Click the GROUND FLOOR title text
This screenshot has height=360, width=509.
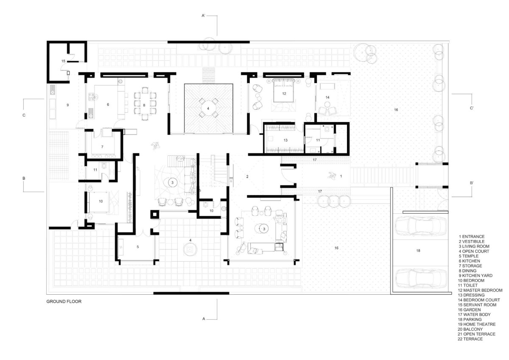[64, 301]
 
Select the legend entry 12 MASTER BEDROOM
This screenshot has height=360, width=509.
[480, 290]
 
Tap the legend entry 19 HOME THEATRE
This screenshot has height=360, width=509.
[476, 324]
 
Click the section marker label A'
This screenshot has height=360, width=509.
[203, 16]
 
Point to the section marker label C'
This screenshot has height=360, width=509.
[472, 108]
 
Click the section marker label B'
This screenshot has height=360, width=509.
[472, 183]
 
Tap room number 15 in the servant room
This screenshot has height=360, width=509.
[63, 61]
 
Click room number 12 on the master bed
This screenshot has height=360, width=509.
[284, 94]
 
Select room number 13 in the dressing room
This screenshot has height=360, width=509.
[285, 140]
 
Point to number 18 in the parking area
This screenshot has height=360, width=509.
[418, 251]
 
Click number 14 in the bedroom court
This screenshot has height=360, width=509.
[327, 98]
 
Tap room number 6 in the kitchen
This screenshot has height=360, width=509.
[108, 104]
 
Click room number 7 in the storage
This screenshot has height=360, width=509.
[102, 147]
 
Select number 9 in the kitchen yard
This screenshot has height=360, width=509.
[68, 105]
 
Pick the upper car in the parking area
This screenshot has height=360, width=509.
[421, 226]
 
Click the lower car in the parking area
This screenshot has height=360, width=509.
[421, 278]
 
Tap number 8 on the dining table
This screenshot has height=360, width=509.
[144, 105]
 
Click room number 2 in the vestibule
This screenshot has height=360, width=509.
[247, 176]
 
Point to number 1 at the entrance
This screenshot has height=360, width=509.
[341, 176]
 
